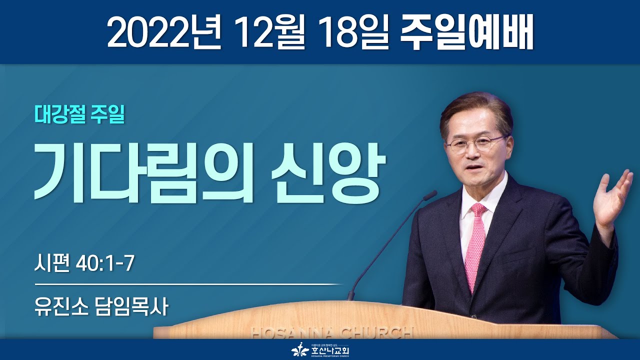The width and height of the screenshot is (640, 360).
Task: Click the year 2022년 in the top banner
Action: click(x=164, y=33)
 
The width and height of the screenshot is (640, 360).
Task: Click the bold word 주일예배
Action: click(x=467, y=33)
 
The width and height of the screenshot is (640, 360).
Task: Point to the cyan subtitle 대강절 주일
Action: click(x=79, y=115)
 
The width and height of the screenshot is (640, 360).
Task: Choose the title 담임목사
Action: click(x=130, y=306)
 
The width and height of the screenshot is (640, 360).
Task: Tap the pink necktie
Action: click(x=475, y=245)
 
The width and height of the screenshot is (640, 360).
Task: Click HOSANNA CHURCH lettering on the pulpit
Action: click(x=332, y=333)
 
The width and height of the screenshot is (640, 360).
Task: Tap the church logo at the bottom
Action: click(x=320, y=350)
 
